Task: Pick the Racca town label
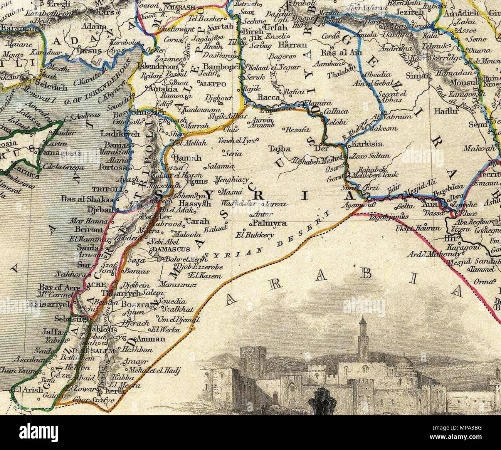click(269, 98)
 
